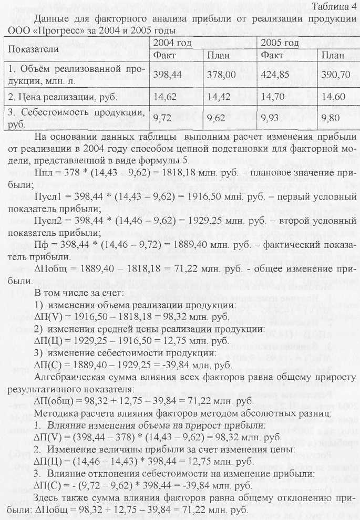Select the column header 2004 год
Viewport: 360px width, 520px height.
(x=172, y=42)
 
